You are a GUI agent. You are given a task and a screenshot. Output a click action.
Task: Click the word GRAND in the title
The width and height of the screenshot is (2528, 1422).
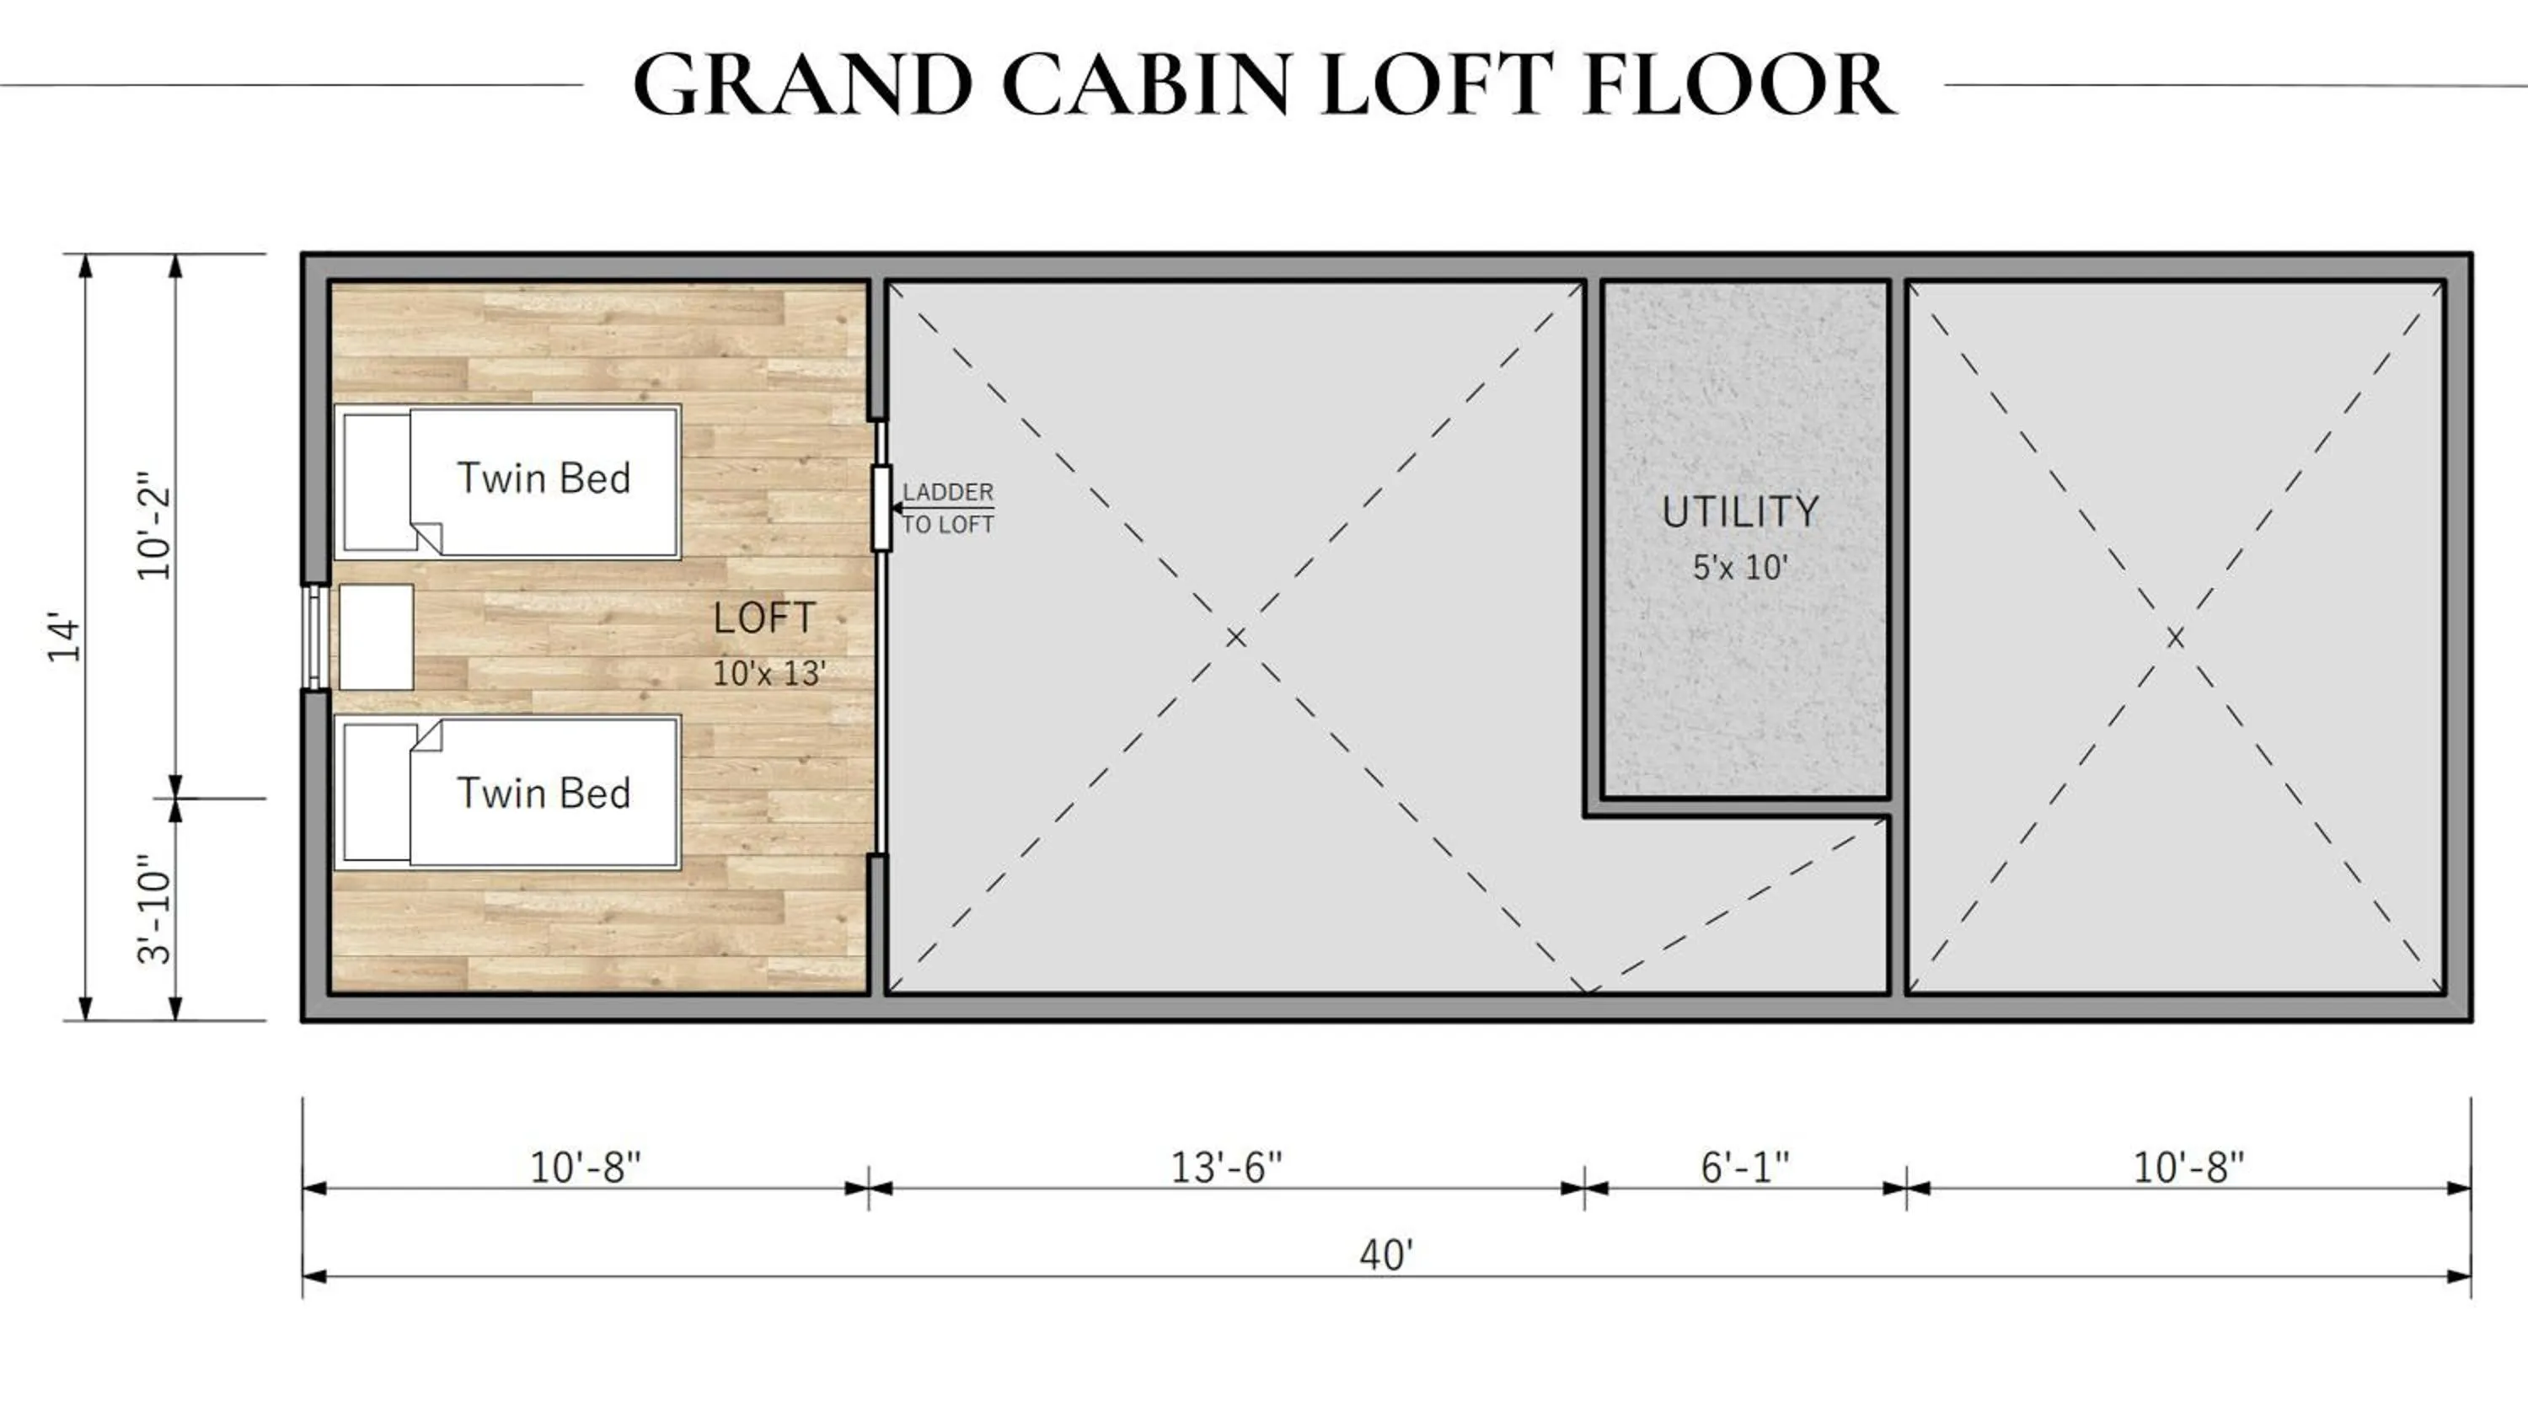804,84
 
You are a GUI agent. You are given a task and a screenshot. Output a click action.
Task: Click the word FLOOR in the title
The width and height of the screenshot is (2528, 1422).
1739,84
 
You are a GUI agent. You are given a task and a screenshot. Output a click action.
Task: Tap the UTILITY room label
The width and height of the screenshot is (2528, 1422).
1740,511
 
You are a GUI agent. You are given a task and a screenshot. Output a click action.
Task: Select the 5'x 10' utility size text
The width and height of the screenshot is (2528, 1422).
1740,567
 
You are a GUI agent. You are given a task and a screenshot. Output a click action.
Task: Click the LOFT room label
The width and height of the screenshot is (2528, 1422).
764,618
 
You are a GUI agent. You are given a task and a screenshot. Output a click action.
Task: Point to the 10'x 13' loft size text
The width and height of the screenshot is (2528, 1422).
769,673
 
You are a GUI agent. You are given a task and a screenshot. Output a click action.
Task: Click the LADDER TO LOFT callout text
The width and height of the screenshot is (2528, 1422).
948,508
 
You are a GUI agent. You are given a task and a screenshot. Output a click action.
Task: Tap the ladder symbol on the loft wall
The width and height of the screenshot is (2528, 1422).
881,508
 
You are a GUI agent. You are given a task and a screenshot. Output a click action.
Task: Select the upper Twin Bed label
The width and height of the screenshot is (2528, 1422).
544,478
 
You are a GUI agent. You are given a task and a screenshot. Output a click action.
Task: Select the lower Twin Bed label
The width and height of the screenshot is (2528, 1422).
544,793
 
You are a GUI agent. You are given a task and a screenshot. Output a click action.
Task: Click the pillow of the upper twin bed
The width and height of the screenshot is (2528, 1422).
377,482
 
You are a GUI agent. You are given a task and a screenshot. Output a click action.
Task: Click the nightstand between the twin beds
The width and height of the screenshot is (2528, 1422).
376,637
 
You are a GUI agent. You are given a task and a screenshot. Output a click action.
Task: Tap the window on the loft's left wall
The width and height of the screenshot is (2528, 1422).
314,637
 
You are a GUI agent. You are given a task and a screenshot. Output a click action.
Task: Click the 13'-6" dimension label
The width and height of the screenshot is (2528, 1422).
1227,1168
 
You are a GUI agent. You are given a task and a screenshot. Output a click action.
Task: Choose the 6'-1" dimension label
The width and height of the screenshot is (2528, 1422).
1745,1168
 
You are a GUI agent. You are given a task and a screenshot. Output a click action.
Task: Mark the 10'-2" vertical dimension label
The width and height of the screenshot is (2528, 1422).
155,525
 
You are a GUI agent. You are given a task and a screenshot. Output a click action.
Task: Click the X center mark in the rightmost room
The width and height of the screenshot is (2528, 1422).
2175,638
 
